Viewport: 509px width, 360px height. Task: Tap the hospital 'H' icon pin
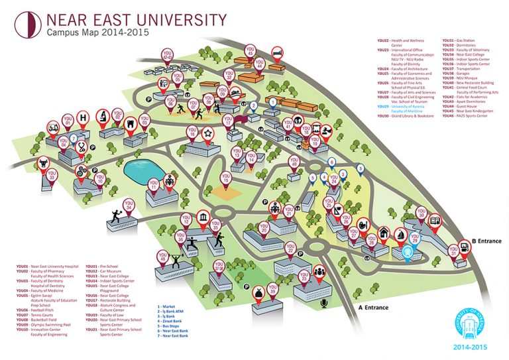(x=84, y=118)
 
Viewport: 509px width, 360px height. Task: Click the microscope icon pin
(x=103, y=116)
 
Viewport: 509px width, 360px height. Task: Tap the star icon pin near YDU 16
(x=208, y=135)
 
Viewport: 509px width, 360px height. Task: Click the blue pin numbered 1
(x=272, y=103)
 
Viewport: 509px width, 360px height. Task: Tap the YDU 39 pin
(x=272, y=289)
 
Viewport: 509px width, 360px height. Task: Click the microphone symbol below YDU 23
(x=324, y=303)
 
